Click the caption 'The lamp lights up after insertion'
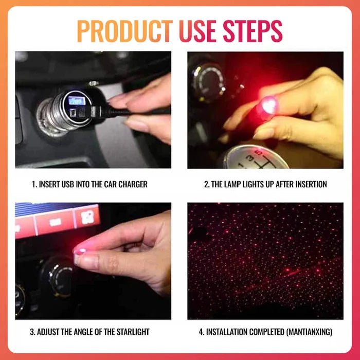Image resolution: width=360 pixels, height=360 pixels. click(x=265, y=184)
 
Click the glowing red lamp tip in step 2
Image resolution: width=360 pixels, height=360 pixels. click(x=268, y=105)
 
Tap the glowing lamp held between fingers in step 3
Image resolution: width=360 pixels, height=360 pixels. click(x=80, y=251)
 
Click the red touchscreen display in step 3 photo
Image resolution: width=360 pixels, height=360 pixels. click(x=57, y=219)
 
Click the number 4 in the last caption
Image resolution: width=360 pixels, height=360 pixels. click(x=201, y=332)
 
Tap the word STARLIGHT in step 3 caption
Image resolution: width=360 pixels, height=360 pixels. click(x=132, y=332)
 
